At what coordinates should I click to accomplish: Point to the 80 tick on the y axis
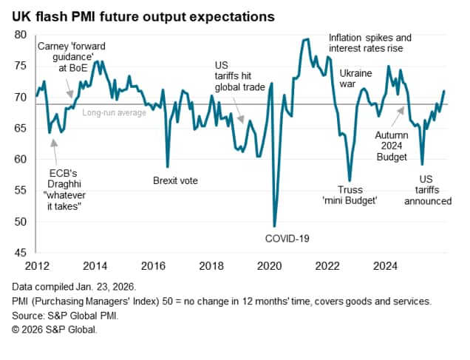tap(20, 34)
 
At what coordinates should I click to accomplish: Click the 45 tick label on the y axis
tap(20, 252)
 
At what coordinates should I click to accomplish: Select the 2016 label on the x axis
tap(152, 265)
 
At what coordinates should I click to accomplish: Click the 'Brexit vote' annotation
tap(175, 180)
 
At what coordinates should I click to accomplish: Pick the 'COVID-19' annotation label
tap(287, 238)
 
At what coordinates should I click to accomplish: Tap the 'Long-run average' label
tap(115, 112)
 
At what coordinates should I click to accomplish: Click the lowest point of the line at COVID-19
tap(275, 226)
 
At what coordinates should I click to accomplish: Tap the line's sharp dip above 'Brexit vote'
tap(168, 166)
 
